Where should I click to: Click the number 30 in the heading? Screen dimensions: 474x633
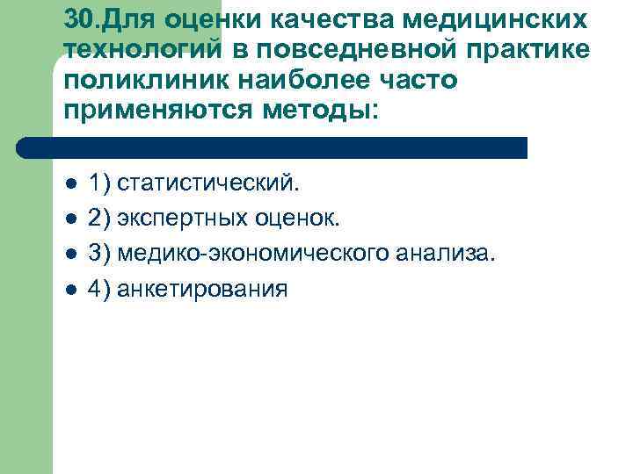77,18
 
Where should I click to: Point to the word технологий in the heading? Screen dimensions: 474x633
142,50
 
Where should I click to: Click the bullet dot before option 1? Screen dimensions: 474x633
70,184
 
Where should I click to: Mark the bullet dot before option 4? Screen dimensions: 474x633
70,290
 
